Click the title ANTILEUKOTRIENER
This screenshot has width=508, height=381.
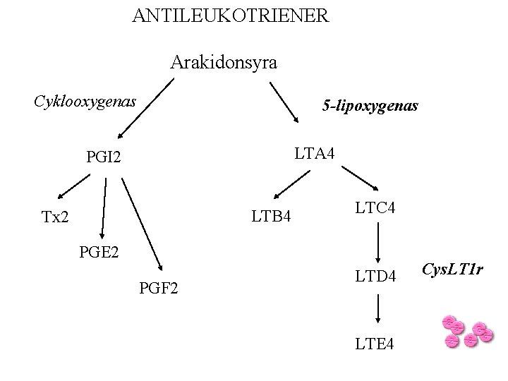coord(230,16)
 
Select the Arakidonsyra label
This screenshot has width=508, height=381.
coord(224,63)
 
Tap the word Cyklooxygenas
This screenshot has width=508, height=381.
coord(85,102)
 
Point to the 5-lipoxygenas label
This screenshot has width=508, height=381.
coord(370,106)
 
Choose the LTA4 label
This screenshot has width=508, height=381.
coord(315,152)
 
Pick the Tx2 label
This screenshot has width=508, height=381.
coord(55,217)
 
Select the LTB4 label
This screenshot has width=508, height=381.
coord(272,215)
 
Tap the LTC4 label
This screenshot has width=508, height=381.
coord(375,208)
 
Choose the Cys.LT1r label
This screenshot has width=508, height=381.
coord(452,269)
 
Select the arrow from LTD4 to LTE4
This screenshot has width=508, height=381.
coord(379,308)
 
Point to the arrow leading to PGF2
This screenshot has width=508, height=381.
coord(143,224)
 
